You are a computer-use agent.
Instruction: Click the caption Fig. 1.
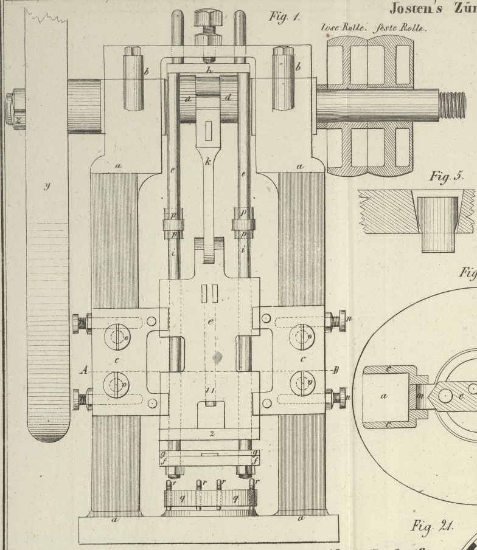tap(284, 16)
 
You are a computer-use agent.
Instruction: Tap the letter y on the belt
tap(46, 185)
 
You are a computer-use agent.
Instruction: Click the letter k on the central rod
tap(208, 162)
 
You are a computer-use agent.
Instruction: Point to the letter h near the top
tap(209, 70)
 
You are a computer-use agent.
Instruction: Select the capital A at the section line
tap(85, 370)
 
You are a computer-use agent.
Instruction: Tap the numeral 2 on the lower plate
tap(212, 434)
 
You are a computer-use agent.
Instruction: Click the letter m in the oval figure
tap(420, 396)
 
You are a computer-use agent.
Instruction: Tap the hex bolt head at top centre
tap(208, 18)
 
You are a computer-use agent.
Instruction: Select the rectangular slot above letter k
tap(208, 129)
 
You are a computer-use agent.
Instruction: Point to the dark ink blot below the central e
tap(215, 357)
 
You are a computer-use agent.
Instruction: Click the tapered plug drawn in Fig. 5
tap(437, 223)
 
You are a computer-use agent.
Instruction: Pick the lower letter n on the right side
tap(349, 398)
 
